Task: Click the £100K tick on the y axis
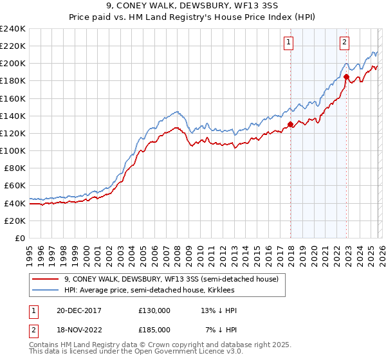pos(13,150)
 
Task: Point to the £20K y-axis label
pos(15,221)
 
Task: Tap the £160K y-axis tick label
pos(13,98)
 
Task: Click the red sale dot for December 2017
pos(290,125)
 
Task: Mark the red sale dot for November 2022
pos(346,76)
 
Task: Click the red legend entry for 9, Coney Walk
pos(171,279)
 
